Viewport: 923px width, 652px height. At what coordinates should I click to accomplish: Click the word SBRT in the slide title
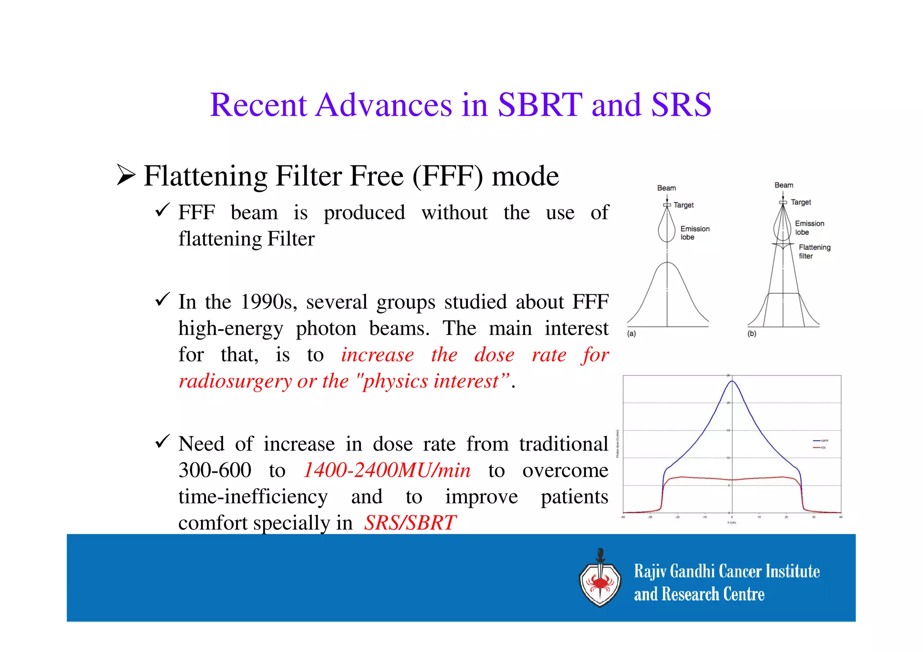[540, 105]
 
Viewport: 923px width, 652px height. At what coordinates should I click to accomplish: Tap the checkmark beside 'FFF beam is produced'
[162, 210]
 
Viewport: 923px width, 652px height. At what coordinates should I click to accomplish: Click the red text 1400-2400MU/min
[387, 470]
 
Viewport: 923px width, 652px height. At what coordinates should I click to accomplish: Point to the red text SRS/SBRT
[410, 523]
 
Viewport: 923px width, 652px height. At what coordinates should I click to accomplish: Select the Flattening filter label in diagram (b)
[814, 251]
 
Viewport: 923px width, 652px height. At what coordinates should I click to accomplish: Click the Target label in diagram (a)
[683, 205]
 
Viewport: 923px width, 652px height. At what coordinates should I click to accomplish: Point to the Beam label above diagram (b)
[784, 185]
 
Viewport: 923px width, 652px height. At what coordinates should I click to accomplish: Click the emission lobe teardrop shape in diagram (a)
[667, 228]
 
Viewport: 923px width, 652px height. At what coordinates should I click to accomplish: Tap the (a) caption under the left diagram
[631, 334]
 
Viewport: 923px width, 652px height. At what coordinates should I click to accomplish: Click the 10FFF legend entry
[821, 441]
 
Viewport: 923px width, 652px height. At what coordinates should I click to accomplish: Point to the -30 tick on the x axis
[650, 517]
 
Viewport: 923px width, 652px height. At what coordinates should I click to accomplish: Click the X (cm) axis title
[731, 523]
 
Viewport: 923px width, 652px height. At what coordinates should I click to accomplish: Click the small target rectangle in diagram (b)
[783, 203]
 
